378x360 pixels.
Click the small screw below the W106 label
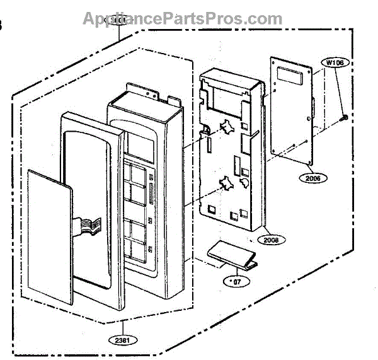(x=345, y=117)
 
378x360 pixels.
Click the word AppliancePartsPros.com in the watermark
(x=183, y=18)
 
